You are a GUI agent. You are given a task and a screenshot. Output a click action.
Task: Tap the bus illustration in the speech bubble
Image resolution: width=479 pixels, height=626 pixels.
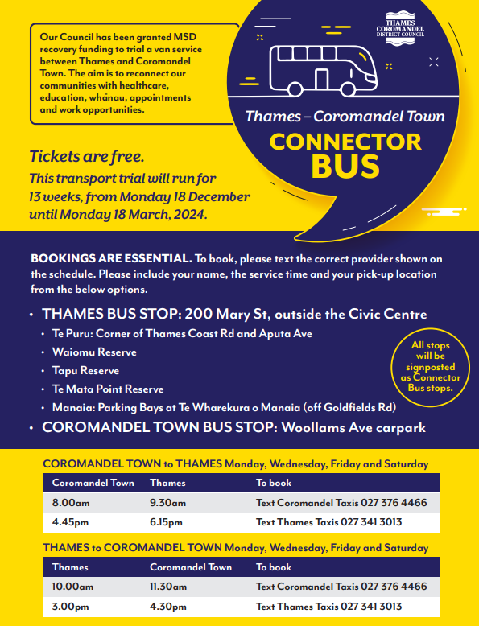[323, 69]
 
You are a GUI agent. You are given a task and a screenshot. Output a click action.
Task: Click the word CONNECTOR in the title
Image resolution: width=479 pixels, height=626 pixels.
[345, 142]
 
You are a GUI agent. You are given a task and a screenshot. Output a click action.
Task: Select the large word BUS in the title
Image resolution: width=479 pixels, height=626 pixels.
[345, 167]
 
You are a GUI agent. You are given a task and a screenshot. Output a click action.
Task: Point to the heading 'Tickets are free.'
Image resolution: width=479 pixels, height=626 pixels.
[87, 156]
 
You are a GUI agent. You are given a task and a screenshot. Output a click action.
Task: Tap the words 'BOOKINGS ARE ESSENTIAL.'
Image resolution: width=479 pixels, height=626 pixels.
[111, 259]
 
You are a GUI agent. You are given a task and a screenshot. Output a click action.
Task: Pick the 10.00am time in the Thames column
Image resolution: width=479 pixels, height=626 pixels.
[73, 587]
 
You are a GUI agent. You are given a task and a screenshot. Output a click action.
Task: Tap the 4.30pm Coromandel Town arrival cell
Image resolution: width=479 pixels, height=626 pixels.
[168, 606]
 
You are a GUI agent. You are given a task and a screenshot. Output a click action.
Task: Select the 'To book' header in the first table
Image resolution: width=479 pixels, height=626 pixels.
[274, 483]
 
